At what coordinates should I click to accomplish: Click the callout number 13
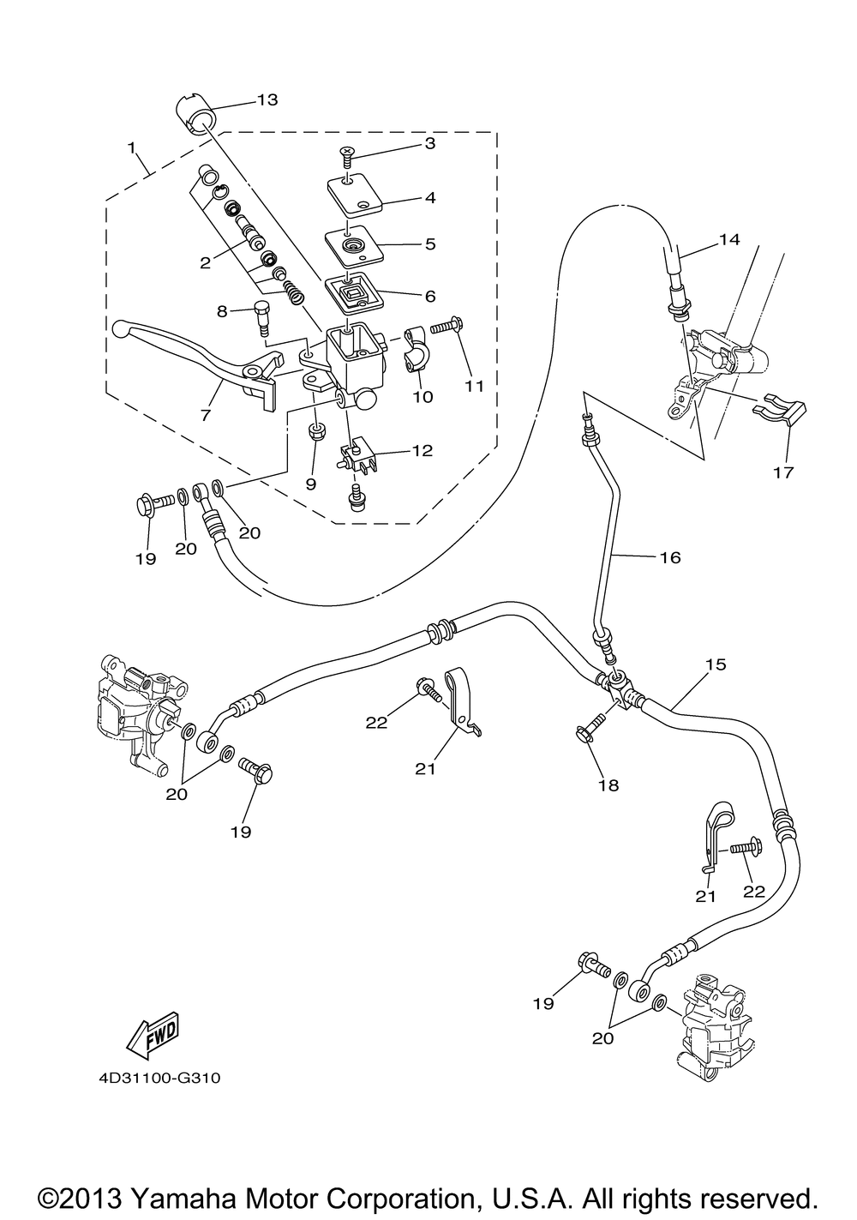point(267,99)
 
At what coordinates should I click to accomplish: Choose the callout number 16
point(670,557)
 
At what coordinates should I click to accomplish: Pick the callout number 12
point(423,450)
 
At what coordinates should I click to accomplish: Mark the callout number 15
point(716,664)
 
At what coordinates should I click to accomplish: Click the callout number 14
point(729,239)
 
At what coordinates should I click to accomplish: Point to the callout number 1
point(131,147)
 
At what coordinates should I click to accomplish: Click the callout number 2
point(206,263)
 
